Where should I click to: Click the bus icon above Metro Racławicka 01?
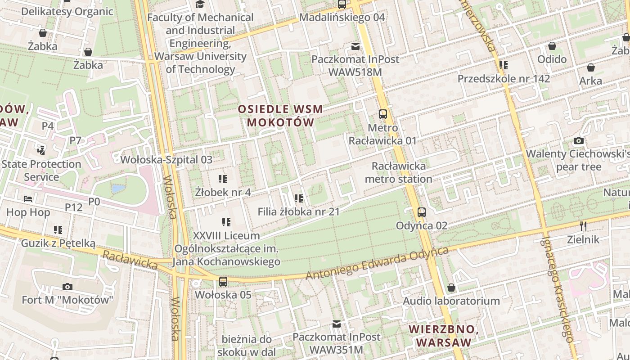click(x=383, y=114)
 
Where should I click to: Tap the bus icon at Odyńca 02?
click(x=421, y=212)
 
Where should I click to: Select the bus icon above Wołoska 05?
click(x=223, y=282)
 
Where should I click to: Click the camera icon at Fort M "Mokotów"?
click(x=67, y=287)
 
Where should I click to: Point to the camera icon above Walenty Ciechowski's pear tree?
click(x=579, y=141)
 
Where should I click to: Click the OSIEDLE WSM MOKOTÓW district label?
click(x=280, y=116)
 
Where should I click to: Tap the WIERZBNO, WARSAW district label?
click(x=443, y=336)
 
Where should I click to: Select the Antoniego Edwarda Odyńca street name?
click(x=377, y=263)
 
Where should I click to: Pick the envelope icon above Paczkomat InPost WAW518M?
click(x=355, y=46)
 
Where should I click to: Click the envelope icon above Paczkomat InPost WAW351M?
click(x=336, y=324)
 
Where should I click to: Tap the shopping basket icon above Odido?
click(x=552, y=46)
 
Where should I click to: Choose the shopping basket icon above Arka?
click(x=590, y=68)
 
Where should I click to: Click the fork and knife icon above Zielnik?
click(x=583, y=226)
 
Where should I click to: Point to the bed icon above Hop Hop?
click(x=28, y=199)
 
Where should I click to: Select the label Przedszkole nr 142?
click(x=504, y=79)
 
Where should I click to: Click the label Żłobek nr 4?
click(x=223, y=192)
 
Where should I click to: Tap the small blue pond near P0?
click(x=118, y=189)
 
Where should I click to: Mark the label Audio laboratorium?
click(x=451, y=301)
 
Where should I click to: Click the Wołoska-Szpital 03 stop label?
click(x=166, y=159)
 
